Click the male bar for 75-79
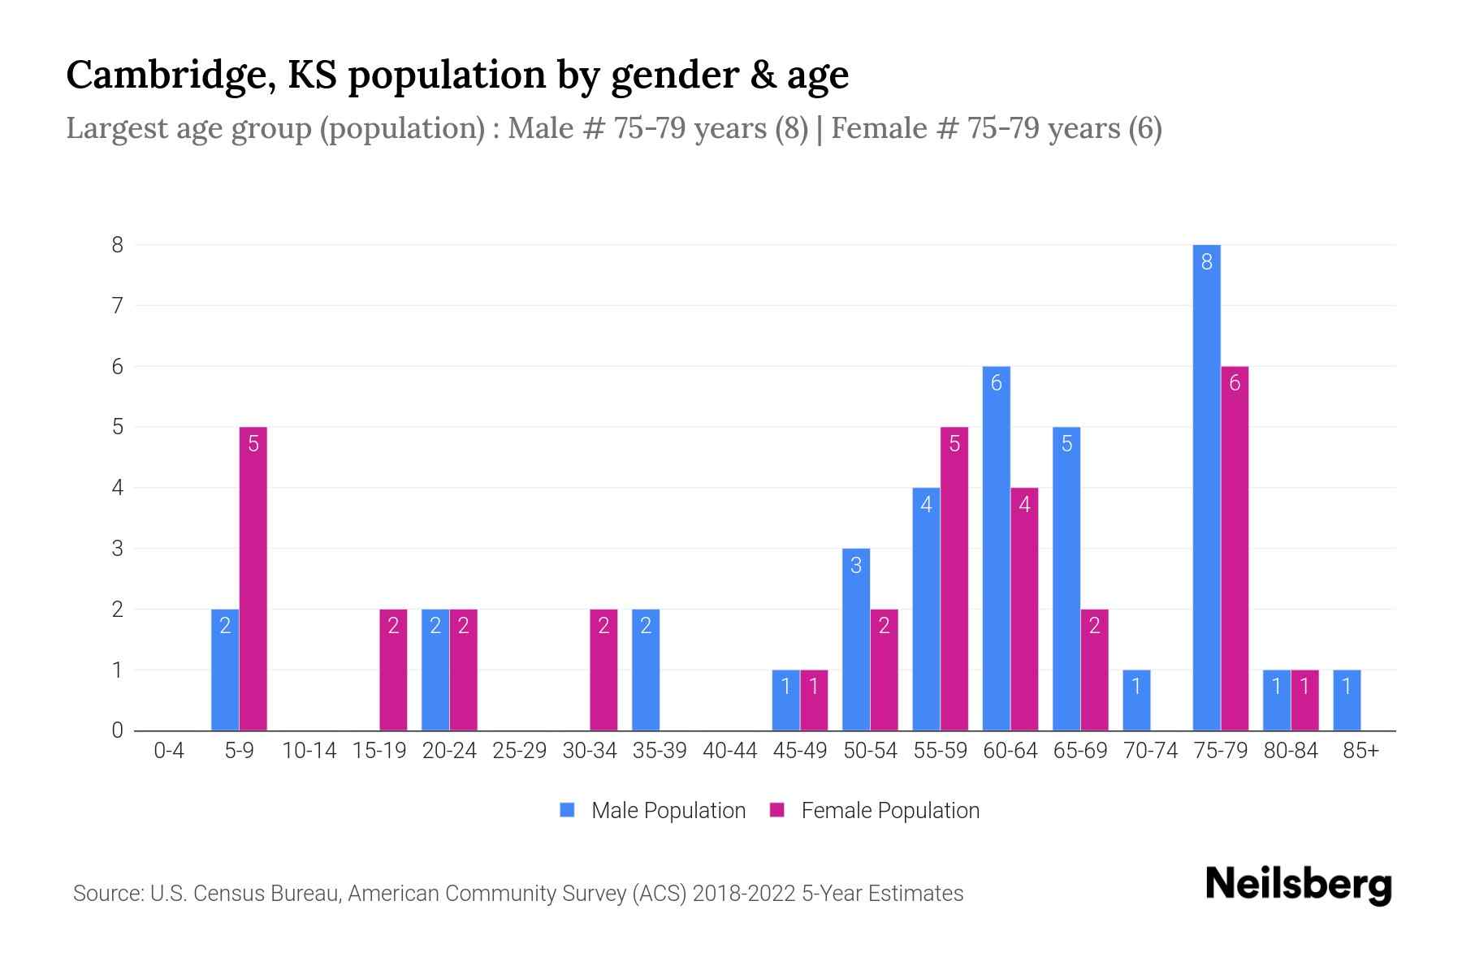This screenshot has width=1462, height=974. tap(1206, 487)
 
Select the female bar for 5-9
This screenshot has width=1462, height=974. tap(253, 578)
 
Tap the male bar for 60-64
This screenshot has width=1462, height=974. tap(996, 548)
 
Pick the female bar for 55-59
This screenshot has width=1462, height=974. tap(954, 578)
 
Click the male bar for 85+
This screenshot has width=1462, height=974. tap(1347, 700)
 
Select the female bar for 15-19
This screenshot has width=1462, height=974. tap(393, 670)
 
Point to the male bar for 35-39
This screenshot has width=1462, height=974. tap(646, 670)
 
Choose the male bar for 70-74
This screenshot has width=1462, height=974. tap(1136, 700)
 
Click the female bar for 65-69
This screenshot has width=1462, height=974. tap(1094, 670)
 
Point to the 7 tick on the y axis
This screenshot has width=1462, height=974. tap(118, 306)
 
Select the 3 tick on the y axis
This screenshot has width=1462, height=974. tap(118, 549)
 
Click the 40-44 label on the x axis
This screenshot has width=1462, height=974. tap(729, 751)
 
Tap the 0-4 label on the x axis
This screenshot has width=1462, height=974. tap(169, 751)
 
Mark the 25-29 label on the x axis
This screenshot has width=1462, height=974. tap(519, 751)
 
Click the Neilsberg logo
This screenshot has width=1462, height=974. tap(1298, 884)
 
